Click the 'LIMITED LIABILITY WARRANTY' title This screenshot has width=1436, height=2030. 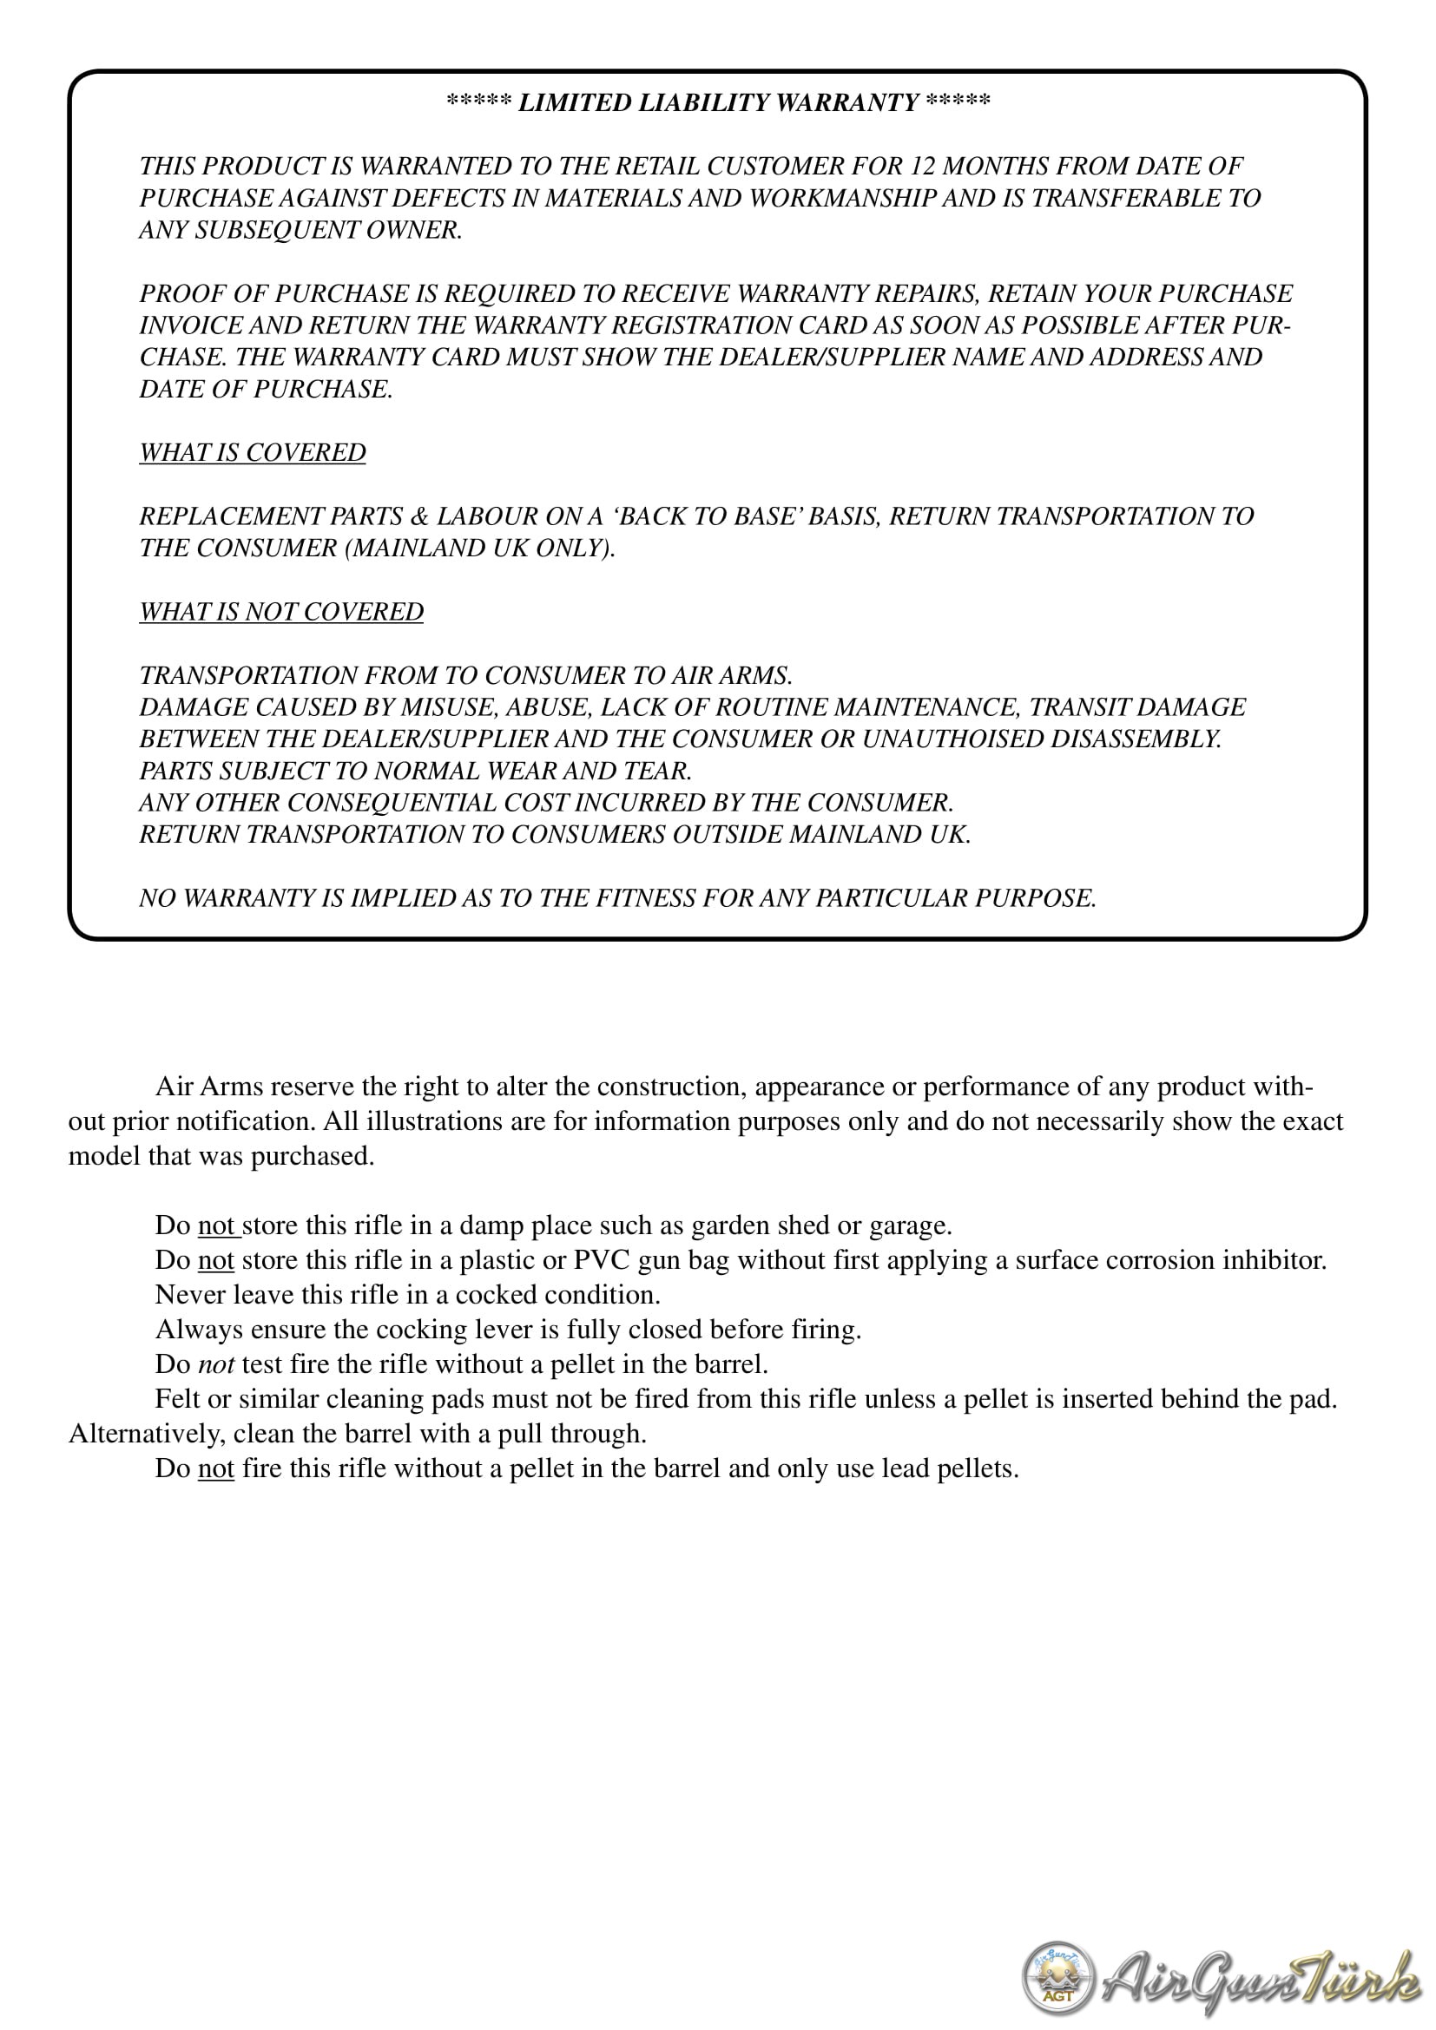(x=718, y=102)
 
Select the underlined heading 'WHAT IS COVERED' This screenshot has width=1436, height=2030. (x=252, y=452)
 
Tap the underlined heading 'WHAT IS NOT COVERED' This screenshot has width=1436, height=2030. (x=281, y=611)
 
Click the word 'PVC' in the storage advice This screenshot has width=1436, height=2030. (x=602, y=1259)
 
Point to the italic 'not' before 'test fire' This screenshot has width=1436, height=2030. (x=216, y=1363)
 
